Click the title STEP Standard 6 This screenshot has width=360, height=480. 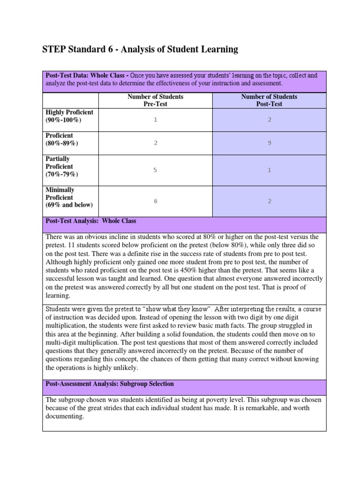[140, 49]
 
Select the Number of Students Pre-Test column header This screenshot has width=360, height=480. [155, 100]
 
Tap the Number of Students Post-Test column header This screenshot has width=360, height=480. [269, 100]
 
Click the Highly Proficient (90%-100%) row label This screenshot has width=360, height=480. [69, 116]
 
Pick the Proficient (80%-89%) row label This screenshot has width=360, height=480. [62, 139]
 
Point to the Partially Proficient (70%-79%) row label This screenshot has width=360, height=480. [62, 167]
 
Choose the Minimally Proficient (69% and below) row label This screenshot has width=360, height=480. [69, 197]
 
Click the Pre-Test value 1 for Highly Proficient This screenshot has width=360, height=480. [155, 120]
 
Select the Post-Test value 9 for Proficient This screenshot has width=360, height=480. [269, 143]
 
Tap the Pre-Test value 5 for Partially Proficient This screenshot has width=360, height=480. [155, 170]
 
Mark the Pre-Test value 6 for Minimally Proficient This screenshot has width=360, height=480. [155, 201]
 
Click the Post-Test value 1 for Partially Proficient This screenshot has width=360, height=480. [269, 170]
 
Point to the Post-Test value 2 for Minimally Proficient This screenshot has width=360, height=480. [269, 201]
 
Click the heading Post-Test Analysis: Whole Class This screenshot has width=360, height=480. [90, 221]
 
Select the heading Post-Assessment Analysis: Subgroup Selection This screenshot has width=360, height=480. [109, 384]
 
